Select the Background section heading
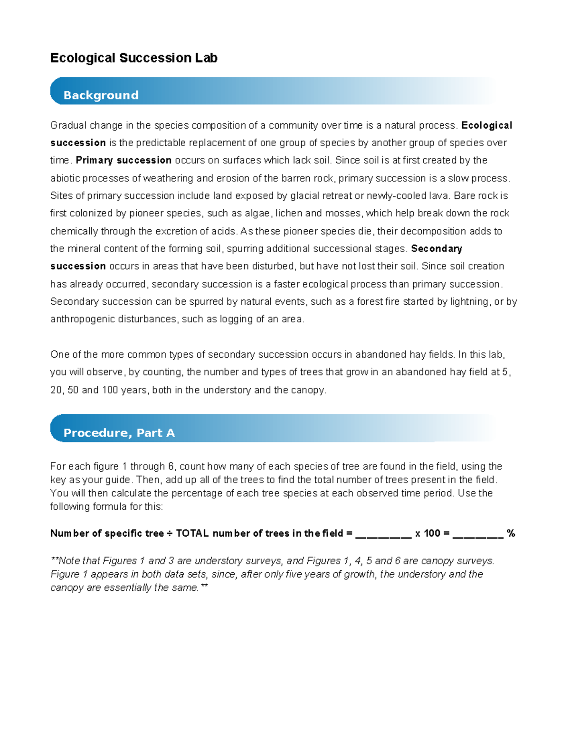point(101,95)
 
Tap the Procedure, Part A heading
point(119,433)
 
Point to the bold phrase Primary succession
point(123,160)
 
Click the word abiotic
point(65,178)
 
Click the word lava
point(441,196)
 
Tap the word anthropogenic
point(81,319)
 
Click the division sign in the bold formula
point(170,533)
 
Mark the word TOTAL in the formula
point(192,533)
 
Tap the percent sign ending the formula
point(511,533)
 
